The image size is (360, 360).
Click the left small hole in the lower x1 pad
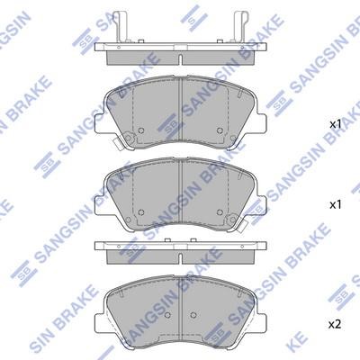tap(141, 212)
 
